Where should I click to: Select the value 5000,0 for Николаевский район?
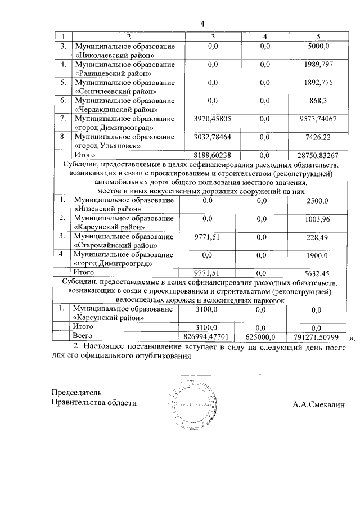(327, 46)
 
